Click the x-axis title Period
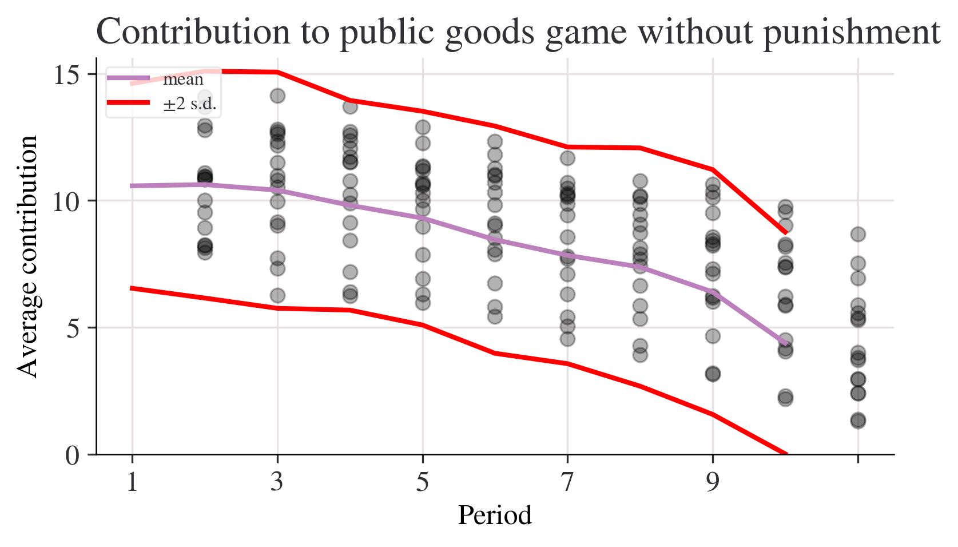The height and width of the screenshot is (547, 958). [495, 516]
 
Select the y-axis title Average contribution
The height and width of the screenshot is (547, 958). [27, 257]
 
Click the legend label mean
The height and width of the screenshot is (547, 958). [183, 80]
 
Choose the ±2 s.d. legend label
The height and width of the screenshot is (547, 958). [190, 104]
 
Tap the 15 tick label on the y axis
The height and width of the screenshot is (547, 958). [66, 74]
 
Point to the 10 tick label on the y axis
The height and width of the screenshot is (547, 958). [66, 201]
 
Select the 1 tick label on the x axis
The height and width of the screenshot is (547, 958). [132, 482]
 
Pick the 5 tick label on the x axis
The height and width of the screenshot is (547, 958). [422, 482]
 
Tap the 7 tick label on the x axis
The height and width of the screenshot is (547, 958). [567, 482]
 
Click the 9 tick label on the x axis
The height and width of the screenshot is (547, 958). [713, 482]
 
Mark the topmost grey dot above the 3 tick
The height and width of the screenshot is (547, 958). [277, 96]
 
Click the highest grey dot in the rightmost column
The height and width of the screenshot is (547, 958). [858, 234]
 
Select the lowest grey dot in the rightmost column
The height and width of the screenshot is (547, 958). [858, 421]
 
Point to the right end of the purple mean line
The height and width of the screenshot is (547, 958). [787, 344]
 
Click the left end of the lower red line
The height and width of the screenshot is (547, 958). [132, 288]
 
